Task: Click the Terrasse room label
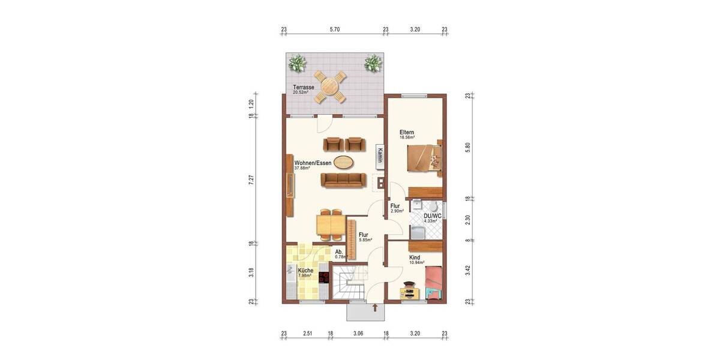pyautogui.click(x=304, y=88)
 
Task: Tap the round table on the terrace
pyautogui.click(x=329, y=86)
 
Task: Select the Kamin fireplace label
pyautogui.click(x=380, y=155)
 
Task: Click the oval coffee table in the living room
pyautogui.click(x=343, y=161)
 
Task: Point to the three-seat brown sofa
pyautogui.click(x=343, y=180)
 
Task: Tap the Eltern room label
pyautogui.click(x=407, y=132)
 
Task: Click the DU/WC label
pyautogui.click(x=433, y=216)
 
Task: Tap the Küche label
pyautogui.click(x=305, y=271)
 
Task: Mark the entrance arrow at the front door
pyautogui.click(x=375, y=308)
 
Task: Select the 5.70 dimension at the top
pyautogui.click(x=335, y=29)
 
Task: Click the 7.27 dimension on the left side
pyautogui.click(x=252, y=180)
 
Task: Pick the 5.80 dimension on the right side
pyautogui.click(x=468, y=146)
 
